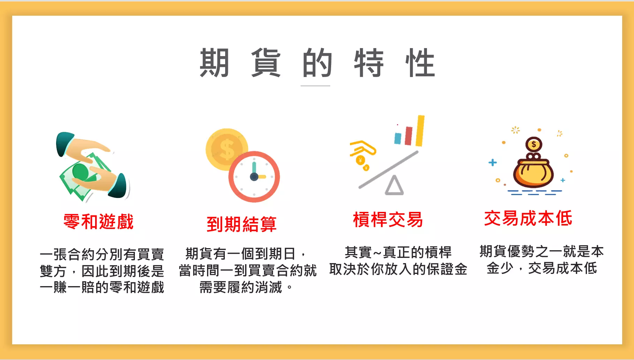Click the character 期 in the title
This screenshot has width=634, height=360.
point(214,63)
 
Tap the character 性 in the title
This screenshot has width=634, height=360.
point(420,63)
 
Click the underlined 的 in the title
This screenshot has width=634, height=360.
point(317,63)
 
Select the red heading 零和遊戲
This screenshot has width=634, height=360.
point(99,222)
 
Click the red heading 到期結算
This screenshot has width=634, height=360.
point(242,224)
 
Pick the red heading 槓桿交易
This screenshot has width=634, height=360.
point(388,220)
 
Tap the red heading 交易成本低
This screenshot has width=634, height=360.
point(528,219)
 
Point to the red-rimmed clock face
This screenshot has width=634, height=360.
point(254,177)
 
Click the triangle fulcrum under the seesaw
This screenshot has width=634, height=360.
point(394,185)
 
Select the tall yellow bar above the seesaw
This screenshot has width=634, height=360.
point(420,131)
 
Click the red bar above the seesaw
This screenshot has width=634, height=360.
point(409,136)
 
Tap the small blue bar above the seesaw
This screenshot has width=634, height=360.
point(398,138)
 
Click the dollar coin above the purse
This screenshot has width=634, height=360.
point(534,144)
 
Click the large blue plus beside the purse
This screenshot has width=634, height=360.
point(492,162)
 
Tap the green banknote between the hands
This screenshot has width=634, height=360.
point(85,176)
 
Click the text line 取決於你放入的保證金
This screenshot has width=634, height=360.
point(398,269)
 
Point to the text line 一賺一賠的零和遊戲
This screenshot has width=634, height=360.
point(102,288)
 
